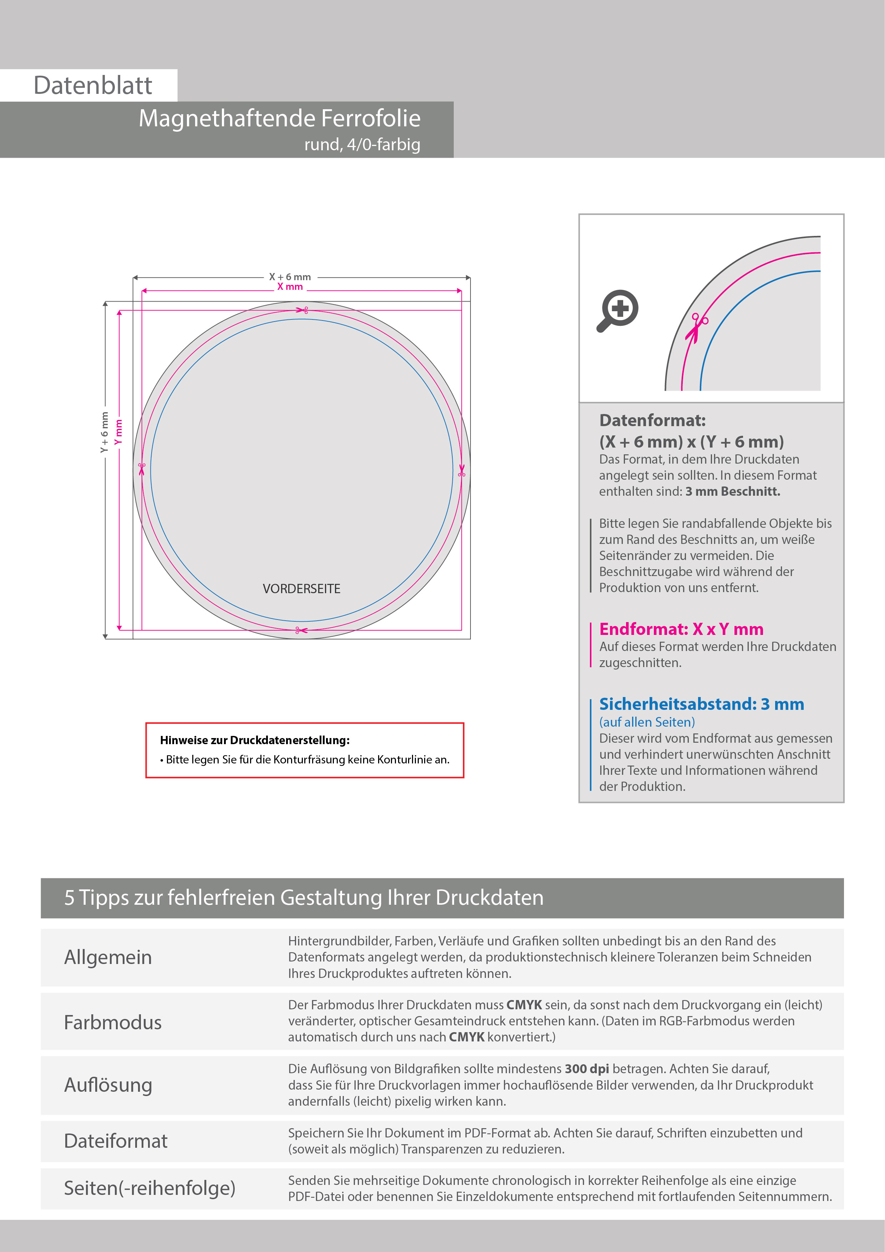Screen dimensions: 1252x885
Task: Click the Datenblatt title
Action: [x=93, y=86]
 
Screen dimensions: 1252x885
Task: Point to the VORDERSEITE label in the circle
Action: [x=301, y=589]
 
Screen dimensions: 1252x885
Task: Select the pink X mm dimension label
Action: [x=290, y=287]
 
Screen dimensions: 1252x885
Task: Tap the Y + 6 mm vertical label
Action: [x=105, y=433]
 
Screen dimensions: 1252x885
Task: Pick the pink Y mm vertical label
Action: [x=119, y=433]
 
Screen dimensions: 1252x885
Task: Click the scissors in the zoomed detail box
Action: [x=697, y=327]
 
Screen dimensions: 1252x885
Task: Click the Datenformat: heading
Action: [x=652, y=420]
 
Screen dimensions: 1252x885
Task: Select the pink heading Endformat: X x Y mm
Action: [x=681, y=629]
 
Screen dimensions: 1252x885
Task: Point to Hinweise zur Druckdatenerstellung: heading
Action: [x=254, y=741]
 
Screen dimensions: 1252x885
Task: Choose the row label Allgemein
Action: [x=108, y=958]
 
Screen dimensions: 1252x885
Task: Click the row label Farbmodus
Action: [x=113, y=1023]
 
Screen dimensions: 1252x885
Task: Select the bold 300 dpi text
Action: [x=586, y=1069]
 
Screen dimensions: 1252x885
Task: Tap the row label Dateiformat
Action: [x=116, y=1141]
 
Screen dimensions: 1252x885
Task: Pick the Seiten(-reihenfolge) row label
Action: [x=149, y=1188]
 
